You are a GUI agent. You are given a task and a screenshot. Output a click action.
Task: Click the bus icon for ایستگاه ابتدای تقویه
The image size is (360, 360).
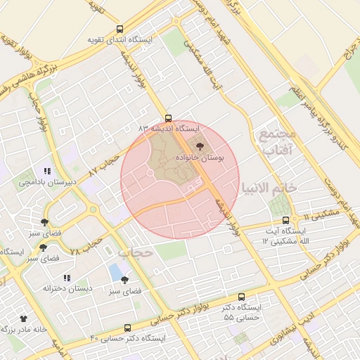coord(120,30)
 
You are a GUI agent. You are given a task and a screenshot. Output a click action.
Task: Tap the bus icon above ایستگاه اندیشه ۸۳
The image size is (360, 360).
coord(167,118)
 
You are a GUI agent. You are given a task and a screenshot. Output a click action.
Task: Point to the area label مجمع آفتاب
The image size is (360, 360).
coord(281,141)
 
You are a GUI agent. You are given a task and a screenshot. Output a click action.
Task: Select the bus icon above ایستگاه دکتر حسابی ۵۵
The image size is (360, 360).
coord(242,297)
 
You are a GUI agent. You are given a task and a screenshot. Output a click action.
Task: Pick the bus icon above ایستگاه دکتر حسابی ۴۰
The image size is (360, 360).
coord(127,328)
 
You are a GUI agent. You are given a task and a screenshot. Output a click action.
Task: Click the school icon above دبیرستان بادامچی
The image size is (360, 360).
coord(47,171)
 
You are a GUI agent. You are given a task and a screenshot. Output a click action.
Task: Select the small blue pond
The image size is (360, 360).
coord(115,272)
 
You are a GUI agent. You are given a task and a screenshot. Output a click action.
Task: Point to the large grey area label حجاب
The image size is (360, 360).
coord(135,252)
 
